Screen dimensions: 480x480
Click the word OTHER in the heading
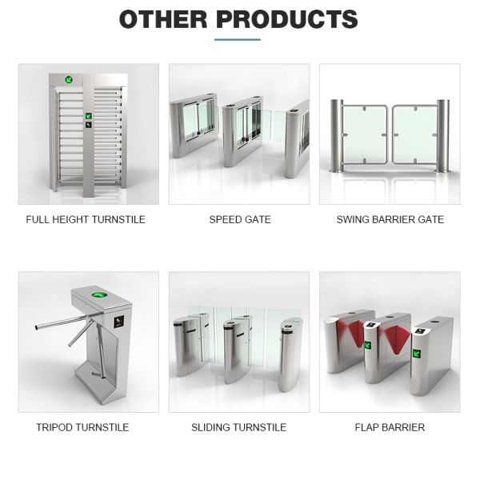coord(163,19)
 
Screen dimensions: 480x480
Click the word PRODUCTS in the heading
coord(287,19)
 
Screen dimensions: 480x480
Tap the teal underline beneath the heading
coord(238,39)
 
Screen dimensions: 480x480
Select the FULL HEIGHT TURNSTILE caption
coord(86,219)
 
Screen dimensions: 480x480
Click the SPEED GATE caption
coord(240,219)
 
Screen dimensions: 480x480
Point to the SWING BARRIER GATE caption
coord(390,219)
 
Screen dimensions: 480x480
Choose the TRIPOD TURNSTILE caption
coord(82,427)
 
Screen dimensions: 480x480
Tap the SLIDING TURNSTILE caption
coord(238,427)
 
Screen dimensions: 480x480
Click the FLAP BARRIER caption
coord(390,427)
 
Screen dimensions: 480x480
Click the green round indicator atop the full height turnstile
coord(69,80)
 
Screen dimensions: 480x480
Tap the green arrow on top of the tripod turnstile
coord(99,295)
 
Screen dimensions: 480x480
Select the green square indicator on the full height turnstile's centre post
coord(89,116)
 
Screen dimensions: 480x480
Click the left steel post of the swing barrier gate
coord(337,136)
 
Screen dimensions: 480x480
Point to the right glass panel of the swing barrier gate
coord(414,134)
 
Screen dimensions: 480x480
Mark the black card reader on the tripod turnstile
coord(118,322)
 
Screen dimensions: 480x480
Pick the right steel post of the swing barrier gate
coord(443,136)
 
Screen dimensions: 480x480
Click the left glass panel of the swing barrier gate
coord(365,134)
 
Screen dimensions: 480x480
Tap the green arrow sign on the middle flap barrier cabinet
coord(367,346)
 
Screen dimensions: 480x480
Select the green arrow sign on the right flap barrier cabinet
coord(416,354)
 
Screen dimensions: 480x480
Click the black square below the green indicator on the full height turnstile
coord(89,125)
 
